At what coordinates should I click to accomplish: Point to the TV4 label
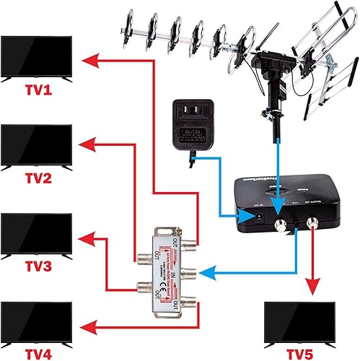(x=37, y=353)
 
